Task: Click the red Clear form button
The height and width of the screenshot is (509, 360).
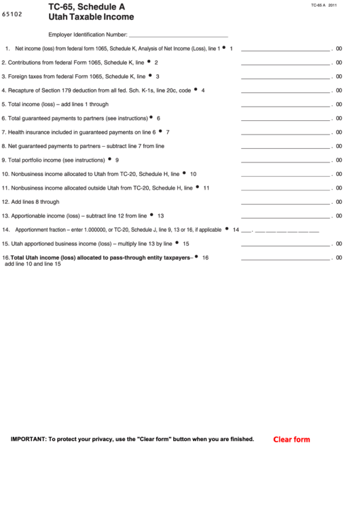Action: (x=291, y=439)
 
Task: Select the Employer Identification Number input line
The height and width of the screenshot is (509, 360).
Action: (x=178, y=34)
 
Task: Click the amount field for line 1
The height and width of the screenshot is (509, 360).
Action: (x=285, y=50)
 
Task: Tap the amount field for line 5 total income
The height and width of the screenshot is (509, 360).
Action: (x=285, y=105)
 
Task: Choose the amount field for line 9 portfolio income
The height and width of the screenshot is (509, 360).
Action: (x=285, y=160)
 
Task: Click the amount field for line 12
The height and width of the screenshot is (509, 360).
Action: (x=285, y=202)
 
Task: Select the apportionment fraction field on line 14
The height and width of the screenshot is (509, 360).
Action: (x=279, y=230)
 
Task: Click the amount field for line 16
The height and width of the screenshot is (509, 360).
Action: (x=285, y=258)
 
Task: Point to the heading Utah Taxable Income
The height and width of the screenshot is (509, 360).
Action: (x=91, y=18)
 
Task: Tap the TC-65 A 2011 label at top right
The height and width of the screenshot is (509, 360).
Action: (x=324, y=5)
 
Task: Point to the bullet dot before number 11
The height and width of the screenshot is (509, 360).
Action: (x=198, y=187)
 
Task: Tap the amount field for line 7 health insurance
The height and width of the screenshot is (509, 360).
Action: (x=285, y=133)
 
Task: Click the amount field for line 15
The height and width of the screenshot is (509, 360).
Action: (x=285, y=243)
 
